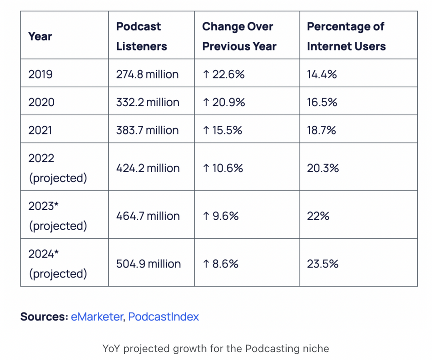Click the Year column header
40,36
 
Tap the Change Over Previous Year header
239,36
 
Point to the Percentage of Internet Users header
346,36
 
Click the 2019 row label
41,74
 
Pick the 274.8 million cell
147,74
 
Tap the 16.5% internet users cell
322,102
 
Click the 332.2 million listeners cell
147,102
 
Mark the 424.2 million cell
148,168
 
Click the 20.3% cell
323,168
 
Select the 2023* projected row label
57,216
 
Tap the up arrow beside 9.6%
206,216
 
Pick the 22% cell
318,216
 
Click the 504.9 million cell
148,264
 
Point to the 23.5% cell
323,264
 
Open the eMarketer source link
97,317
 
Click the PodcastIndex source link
164,317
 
